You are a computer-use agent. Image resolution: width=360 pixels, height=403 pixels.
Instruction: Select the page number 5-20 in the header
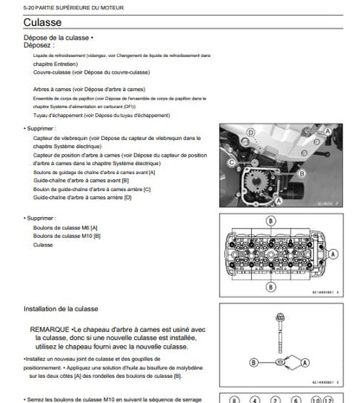12,7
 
